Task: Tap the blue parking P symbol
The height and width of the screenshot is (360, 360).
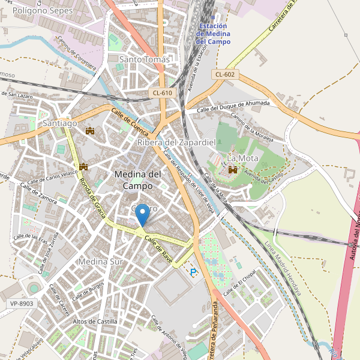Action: click(193, 272)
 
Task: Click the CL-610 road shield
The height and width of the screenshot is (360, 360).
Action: click(163, 92)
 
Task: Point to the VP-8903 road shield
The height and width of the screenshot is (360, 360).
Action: click(22, 304)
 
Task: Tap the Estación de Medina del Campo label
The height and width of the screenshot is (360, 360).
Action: click(213, 34)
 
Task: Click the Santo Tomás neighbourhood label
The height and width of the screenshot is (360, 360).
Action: click(145, 59)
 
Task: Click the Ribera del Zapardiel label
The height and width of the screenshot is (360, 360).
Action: click(176, 142)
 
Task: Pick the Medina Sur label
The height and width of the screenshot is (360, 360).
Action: click(100, 262)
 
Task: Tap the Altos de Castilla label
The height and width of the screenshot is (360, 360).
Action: click(95, 322)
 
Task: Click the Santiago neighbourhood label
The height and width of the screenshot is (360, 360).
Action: click(60, 123)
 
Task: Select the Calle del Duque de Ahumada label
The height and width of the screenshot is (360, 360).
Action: click(233, 106)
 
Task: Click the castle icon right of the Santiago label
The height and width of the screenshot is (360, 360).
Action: click(91, 131)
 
